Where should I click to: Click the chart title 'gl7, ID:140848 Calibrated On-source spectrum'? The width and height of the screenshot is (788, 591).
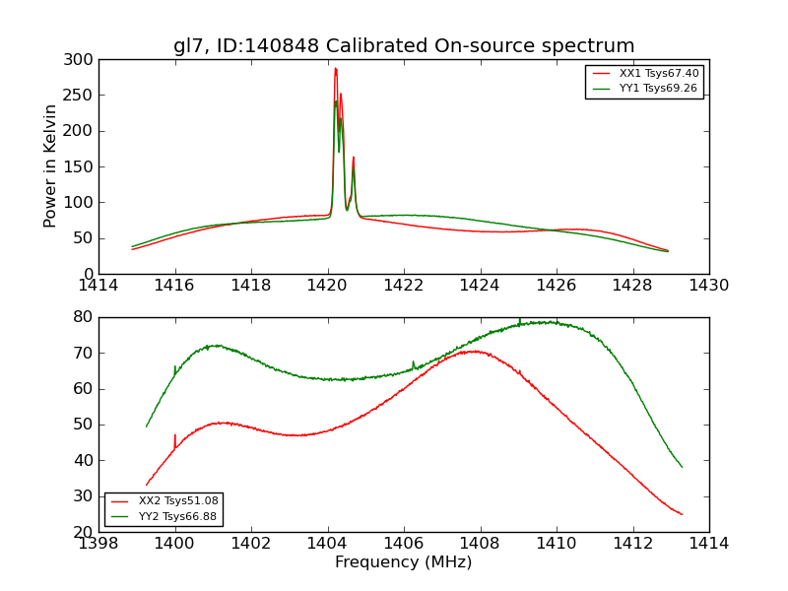[x=404, y=46]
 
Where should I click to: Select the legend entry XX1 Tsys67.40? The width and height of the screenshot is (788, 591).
[x=659, y=74]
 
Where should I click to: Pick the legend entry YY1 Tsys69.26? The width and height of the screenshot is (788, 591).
[x=658, y=89]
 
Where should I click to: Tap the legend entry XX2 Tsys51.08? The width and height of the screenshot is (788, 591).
[x=178, y=501]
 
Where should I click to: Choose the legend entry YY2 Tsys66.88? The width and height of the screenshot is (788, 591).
[x=178, y=516]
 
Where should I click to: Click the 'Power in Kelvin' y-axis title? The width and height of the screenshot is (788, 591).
[x=50, y=166]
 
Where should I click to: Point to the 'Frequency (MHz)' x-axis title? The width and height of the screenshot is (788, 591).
[x=404, y=562]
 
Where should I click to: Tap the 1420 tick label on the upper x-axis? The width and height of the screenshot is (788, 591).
[x=327, y=286]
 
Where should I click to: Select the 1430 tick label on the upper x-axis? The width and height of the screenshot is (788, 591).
[x=709, y=286]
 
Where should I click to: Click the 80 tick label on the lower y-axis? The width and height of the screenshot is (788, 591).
[x=83, y=317]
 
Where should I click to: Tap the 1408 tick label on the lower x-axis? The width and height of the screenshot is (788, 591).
[x=480, y=544]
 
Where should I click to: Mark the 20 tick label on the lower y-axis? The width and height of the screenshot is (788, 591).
[x=83, y=532]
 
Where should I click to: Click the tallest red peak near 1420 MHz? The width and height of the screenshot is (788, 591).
[x=335, y=69]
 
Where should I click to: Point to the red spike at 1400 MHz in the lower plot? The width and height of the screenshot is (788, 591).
[x=175, y=435]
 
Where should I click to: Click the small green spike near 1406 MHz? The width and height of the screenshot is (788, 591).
[x=414, y=362]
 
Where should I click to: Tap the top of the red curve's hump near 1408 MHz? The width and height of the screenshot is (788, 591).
[x=475, y=351]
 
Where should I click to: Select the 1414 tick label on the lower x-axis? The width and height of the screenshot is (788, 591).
[x=709, y=544]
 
